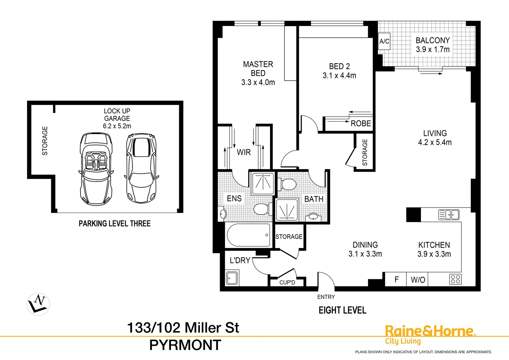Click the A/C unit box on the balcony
click(384, 41)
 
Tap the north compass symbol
click(38, 304)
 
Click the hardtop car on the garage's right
click(141, 168)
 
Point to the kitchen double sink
click(449, 215)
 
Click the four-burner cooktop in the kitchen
click(455, 279)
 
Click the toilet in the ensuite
click(261, 209)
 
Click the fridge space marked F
click(396, 279)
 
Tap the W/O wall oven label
click(418, 280)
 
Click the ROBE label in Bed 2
click(360, 124)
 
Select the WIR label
click(244, 152)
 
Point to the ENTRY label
click(326, 297)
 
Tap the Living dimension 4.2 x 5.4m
click(435, 143)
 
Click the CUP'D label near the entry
click(287, 282)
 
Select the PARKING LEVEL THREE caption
click(115, 224)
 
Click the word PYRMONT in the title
click(185, 345)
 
